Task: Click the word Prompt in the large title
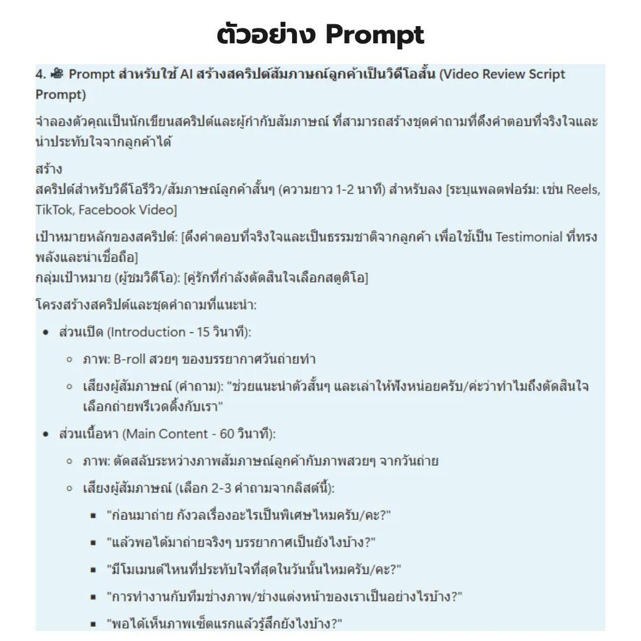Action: [376, 36]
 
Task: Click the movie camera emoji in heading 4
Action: [57, 74]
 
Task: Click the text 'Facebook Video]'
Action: [128, 210]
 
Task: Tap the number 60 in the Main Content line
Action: [227, 434]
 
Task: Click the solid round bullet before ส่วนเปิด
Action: [45, 333]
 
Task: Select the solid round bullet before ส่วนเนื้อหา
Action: [45, 434]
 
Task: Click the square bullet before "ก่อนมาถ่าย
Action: [93, 516]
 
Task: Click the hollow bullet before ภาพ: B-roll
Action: [69, 360]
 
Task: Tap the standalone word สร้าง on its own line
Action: [49, 170]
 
